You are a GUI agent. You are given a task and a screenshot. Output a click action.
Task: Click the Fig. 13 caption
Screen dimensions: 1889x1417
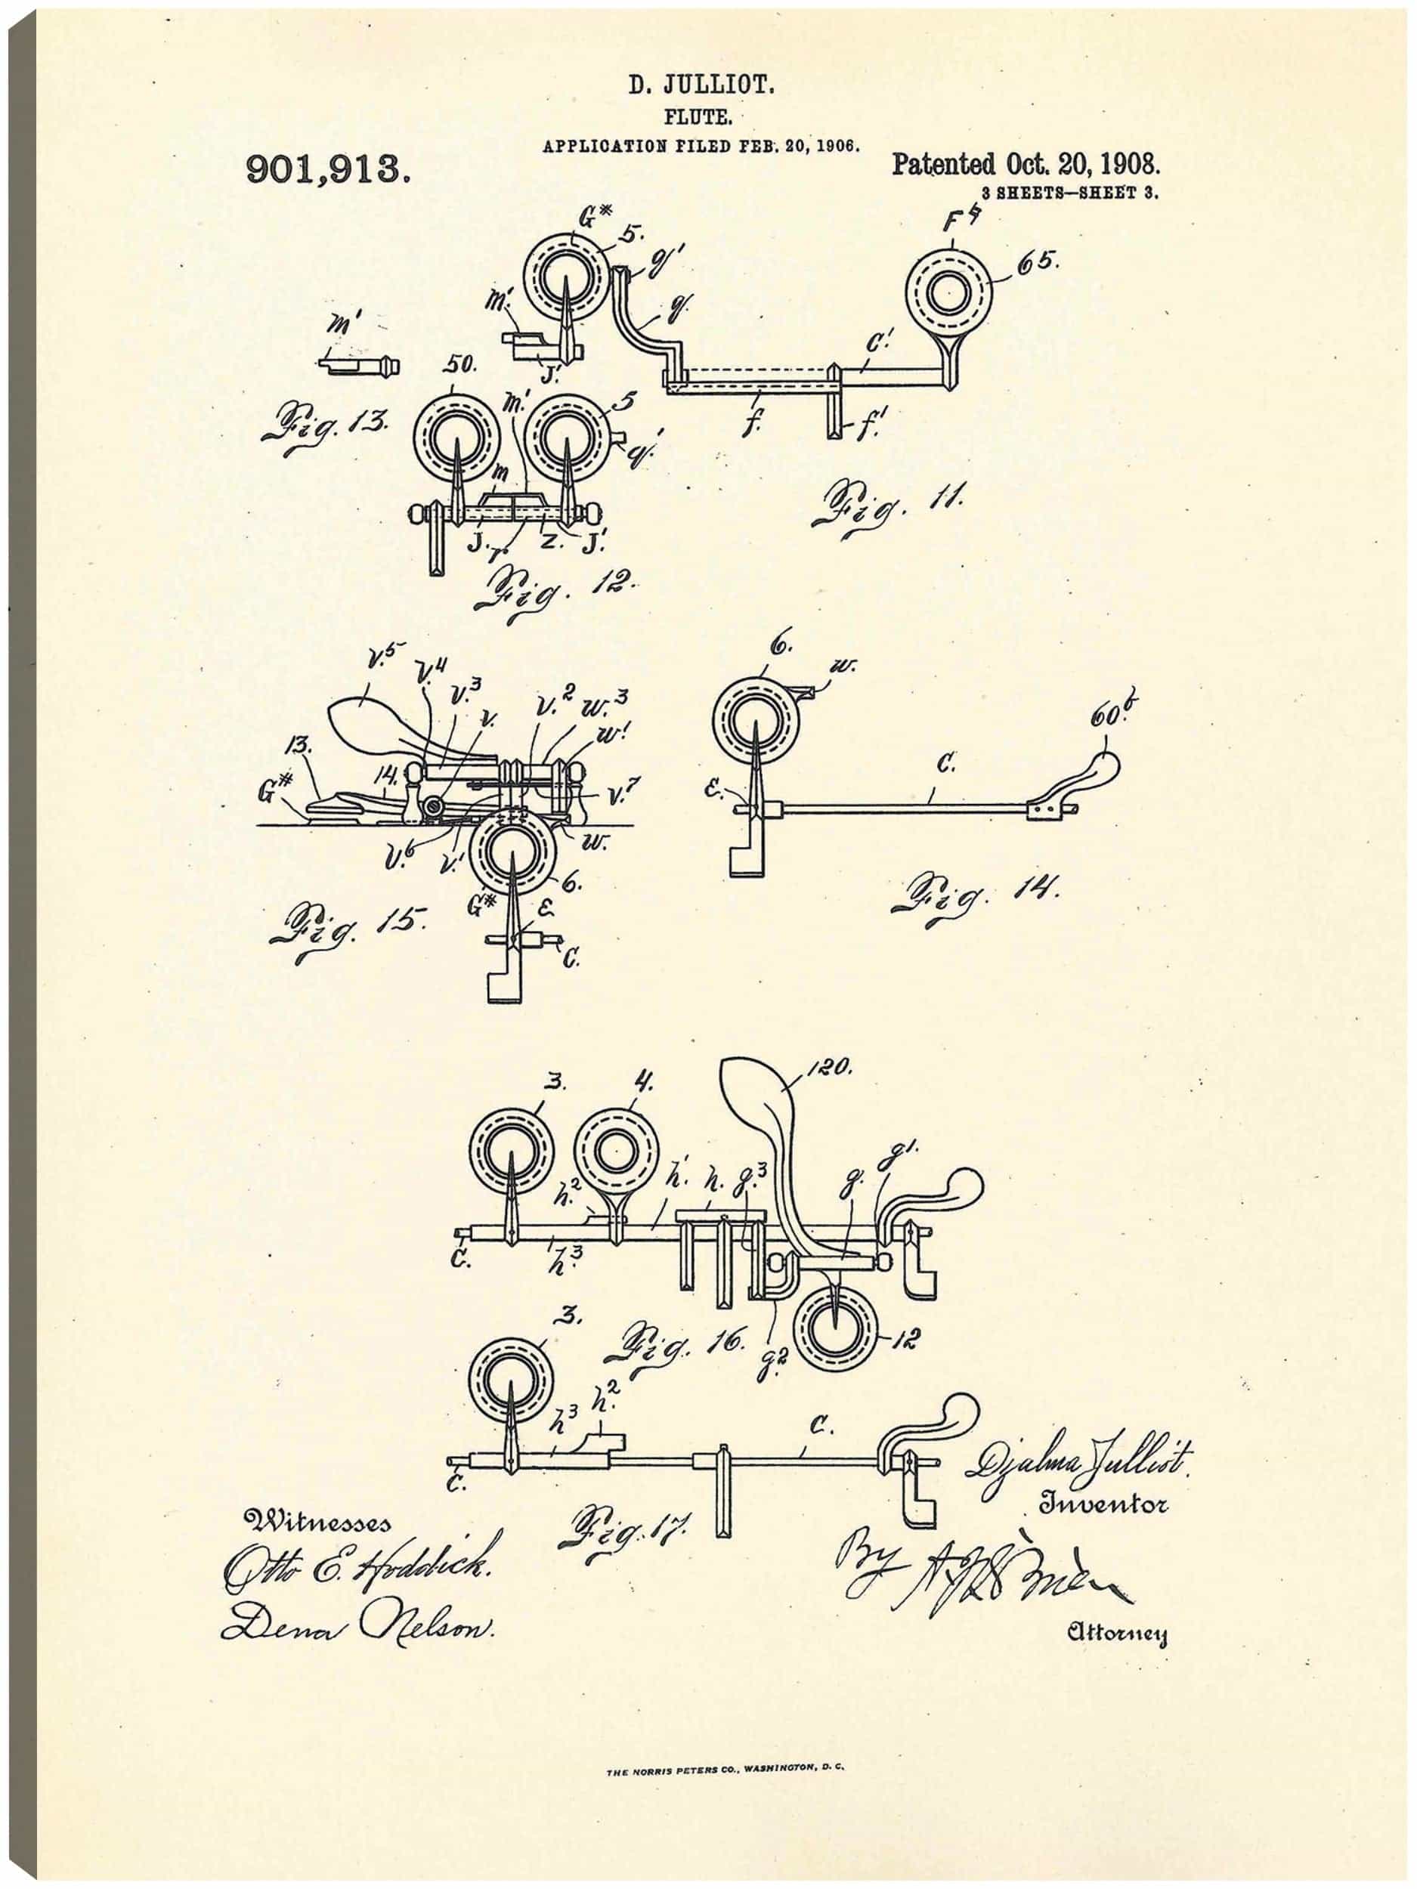coord(320,425)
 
